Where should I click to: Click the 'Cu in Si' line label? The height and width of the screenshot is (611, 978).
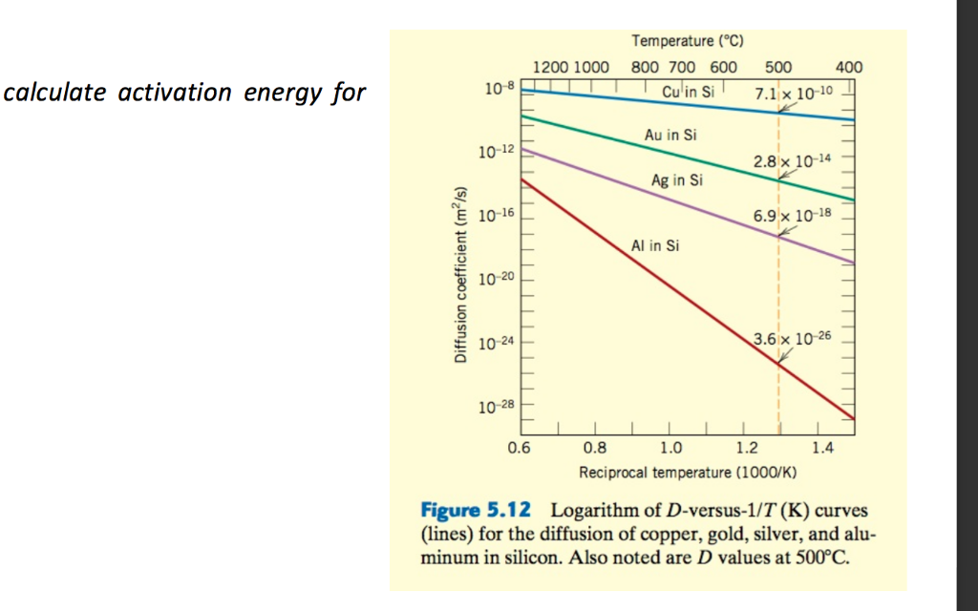coord(688,92)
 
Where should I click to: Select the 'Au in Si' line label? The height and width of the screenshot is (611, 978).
coord(670,136)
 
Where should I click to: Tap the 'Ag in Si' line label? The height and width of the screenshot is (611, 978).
coord(676,179)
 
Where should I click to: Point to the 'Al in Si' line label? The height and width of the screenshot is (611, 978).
coord(655,245)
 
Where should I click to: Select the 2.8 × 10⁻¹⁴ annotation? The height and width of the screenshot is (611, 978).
coord(793,161)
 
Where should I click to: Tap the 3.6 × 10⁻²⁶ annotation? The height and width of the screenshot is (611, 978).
coord(793,339)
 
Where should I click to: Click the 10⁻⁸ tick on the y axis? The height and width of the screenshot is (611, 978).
coord(499,88)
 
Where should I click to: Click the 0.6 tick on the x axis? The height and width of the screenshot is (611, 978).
coord(519,446)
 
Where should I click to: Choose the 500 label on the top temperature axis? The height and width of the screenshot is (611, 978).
coord(778,67)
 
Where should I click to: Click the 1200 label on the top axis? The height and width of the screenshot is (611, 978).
coord(550,67)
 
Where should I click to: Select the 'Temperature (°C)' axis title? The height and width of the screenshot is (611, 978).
coord(687,40)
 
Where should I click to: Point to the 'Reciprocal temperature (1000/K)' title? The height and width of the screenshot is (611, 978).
coord(688,472)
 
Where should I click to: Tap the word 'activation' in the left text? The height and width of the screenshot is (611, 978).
coord(175,93)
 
